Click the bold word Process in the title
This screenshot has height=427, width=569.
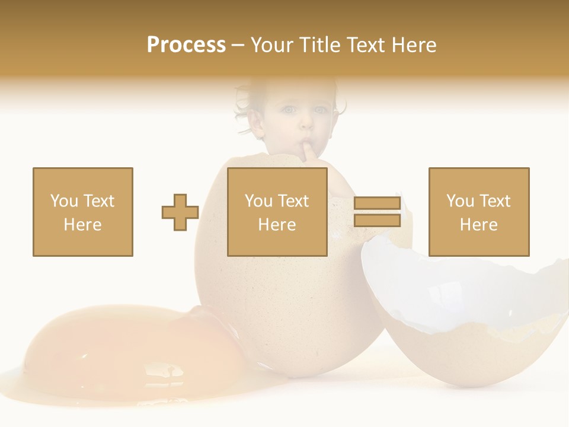pos(186,45)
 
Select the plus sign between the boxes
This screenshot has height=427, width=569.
pos(180,212)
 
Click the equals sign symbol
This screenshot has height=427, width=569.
pos(377,212)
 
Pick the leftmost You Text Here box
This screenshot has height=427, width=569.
pos(82,212)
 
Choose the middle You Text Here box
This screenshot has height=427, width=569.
pos(277,212)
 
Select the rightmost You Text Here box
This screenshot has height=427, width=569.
pos(478,212)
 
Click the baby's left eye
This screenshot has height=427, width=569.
pos(321,110)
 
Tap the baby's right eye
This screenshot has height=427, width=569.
pos(289,110)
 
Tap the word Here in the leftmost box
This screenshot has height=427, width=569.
pos(82,225)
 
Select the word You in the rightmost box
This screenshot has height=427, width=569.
pos(460,201)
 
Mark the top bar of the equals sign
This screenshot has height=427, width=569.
pos(377,203)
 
